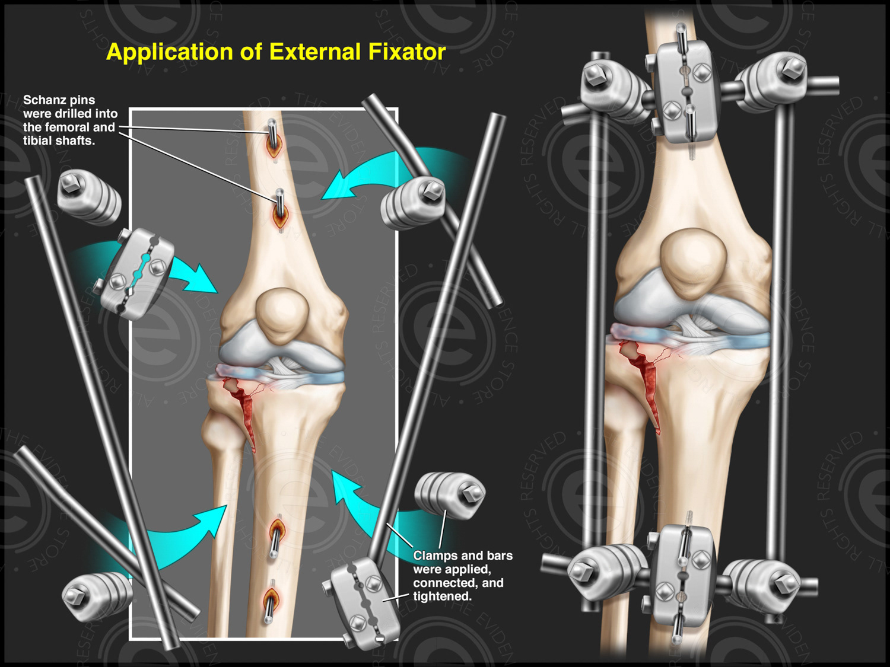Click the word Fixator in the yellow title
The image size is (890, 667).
tap(406, 52)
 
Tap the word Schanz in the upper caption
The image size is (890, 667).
tap(43, 100)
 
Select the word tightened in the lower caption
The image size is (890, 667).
tap(442, 596)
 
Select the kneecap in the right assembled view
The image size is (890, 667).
tap(693, 264)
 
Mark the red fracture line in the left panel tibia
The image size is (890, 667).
tap(244, 409)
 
